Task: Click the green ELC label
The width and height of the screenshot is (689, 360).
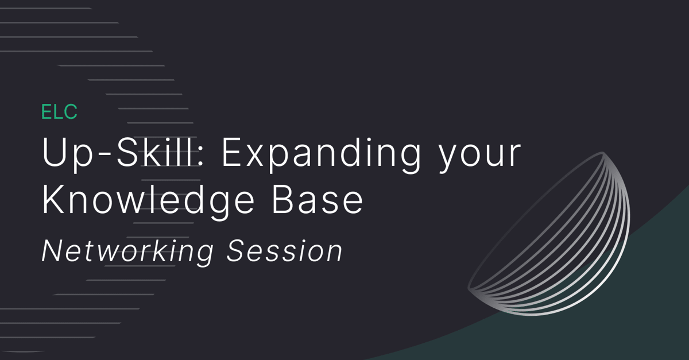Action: click(x=59, y=111)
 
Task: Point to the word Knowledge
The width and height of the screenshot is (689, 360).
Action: click(x=148, y=202)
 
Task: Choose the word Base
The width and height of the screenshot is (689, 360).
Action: click(x=317, y=200)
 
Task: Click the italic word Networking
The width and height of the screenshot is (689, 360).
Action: click(x=127, y=251)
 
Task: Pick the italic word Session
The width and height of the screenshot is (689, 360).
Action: click(x=285, y=251)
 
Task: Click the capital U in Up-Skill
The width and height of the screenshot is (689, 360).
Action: click(x=54, y=153)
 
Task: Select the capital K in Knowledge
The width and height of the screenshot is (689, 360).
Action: click(x=53, y=200)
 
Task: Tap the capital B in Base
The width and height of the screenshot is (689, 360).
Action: click(x=283, y=200)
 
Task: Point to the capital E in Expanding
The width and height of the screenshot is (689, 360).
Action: click(x=232, y=153)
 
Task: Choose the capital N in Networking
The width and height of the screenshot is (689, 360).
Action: click(x=54, y=251)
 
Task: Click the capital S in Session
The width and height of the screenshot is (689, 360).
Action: click(x=237, y=251)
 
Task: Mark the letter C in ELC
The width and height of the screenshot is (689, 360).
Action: click(x=70, y=111)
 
